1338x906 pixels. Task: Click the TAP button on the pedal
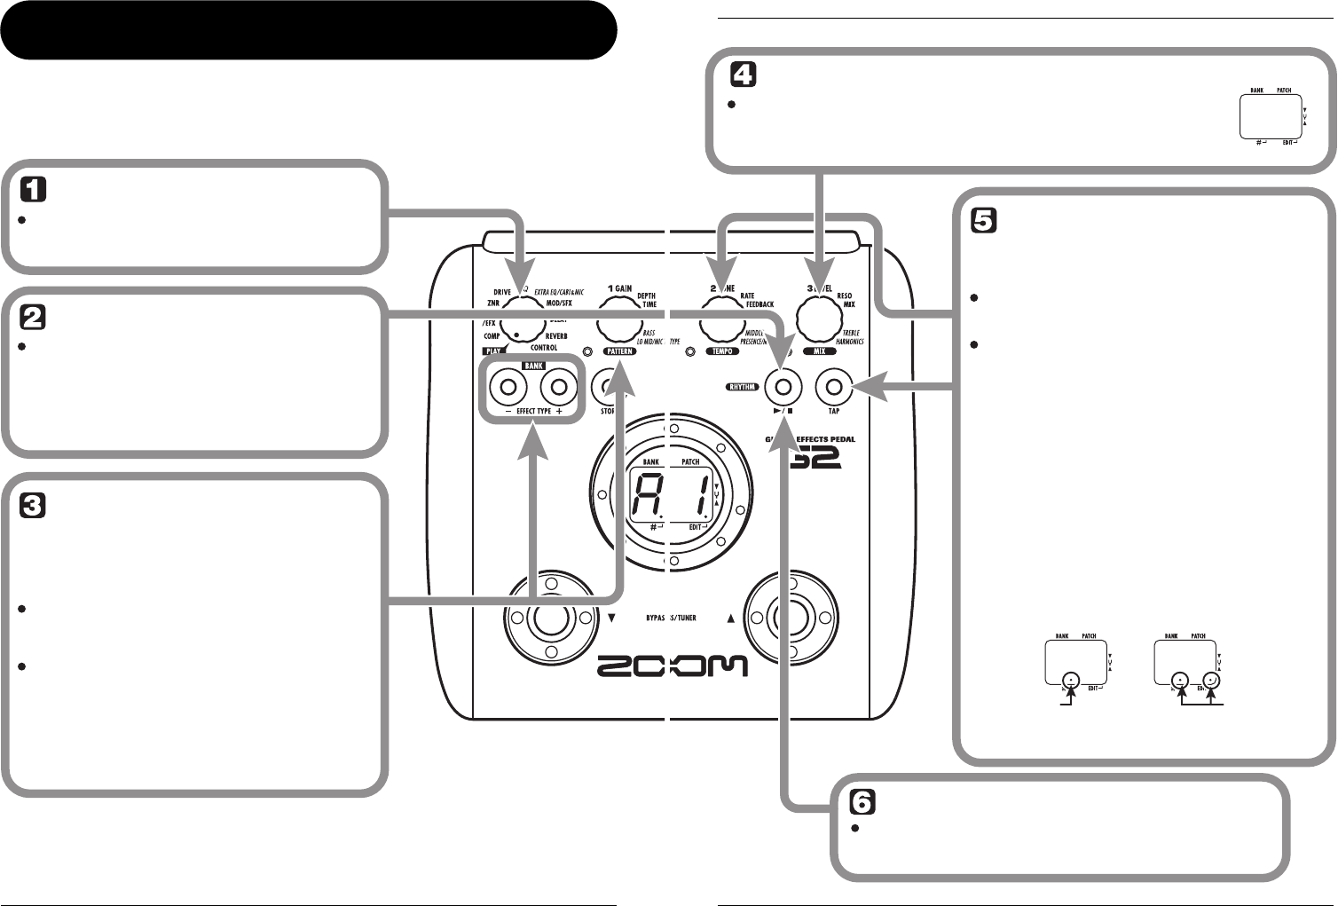coord(833,386)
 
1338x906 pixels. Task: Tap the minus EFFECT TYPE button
coord(508,387)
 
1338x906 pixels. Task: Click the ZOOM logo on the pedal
coord(672,666)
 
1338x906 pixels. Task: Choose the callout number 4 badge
coord(743,76)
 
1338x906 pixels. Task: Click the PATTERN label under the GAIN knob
coord(620,351)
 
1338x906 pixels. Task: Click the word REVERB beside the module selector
coord(550,336)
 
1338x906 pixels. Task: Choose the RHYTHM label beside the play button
coord(742,387)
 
